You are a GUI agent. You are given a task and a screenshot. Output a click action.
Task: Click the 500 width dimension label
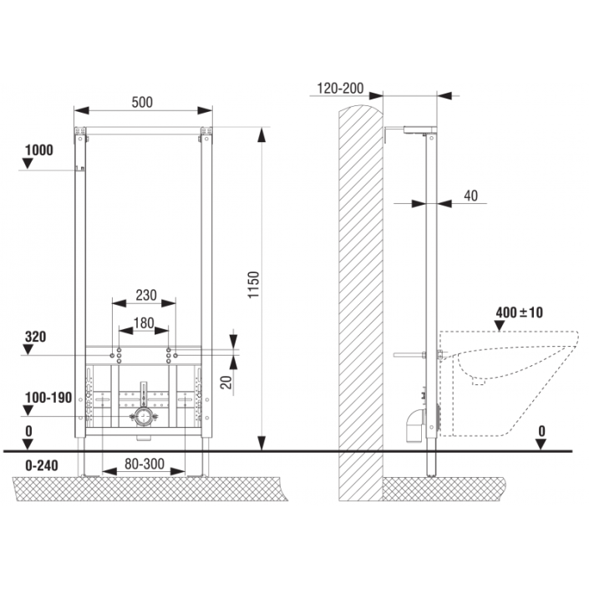pyautogui.click(x=142, y=102)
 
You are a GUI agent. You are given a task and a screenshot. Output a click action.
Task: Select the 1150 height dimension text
pyautogui.click(x=254, y=284)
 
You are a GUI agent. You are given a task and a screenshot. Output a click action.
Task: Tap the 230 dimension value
pyautogui.click(x=146, y=295)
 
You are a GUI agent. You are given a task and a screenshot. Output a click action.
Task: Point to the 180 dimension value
pyautogui.click(x=144, y=322)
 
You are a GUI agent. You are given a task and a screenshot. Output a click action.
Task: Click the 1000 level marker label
pyautogui.click(x=39, y=150)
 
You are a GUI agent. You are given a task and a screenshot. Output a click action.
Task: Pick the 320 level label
pyautogui.click(x=35, y=337)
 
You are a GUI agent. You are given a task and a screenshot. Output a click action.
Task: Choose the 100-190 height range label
pyautogui.click(x=48, y=398)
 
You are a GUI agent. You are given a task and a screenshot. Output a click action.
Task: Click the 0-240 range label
pyautogui.click(x=41, y=466)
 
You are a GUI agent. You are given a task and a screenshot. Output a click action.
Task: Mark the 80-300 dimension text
pyautogui.click(x=145, y=465)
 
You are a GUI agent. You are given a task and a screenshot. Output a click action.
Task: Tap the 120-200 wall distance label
pyautogui.click(x=340, y=89)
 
